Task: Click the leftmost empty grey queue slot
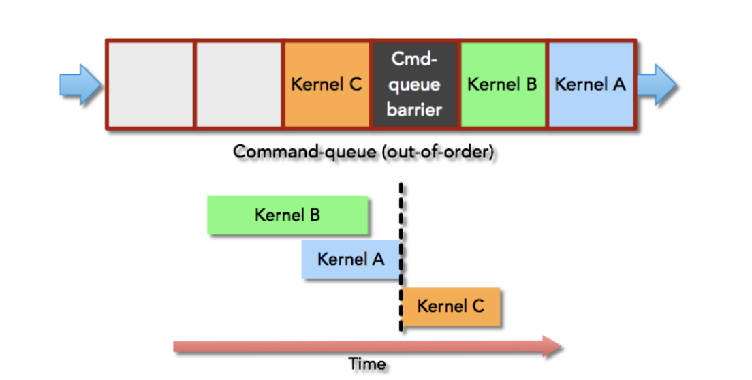(x=151, y=84)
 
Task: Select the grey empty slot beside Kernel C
(x=239, y=84)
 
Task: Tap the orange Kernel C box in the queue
(x=327, y=84)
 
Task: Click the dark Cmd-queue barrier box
(x=416, y=84)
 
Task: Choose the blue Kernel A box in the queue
(x=591, y=84)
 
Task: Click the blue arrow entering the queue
(x=80, y=85)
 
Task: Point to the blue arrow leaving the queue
(x=657, y=85)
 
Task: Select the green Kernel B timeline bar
(x=287, y=215)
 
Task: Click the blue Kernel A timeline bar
(x=351, y=259)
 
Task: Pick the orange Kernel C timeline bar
(x=451, y=306)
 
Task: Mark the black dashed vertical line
(x=401, y=256)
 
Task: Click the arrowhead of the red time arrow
(x=552, y=347)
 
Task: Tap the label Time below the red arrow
(x=367, y=364)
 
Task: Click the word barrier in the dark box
(x=414, y=110)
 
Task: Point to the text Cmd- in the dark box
(x=414, y=59)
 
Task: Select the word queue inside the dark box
(x=414, y=85)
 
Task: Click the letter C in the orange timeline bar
(x=477, y=306)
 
